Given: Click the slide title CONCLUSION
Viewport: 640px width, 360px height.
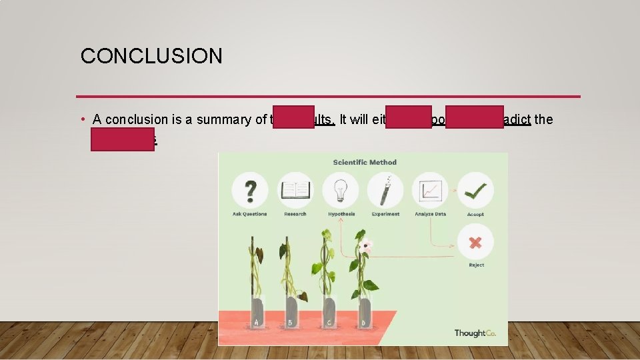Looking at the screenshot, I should (151, 56).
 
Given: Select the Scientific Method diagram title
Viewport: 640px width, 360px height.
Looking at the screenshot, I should (365, 162).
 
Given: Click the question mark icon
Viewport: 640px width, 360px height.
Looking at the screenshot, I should (250, 190).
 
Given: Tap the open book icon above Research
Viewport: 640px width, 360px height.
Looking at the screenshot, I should (295, 190).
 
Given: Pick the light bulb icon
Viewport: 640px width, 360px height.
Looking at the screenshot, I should (341, 190).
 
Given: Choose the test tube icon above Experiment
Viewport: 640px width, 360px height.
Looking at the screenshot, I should (385, 190).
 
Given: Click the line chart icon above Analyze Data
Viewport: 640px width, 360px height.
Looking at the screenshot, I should (430, 190).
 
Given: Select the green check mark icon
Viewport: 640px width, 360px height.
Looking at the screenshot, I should (475, 190).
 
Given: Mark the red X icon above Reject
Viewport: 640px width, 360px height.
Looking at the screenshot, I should (475, 242).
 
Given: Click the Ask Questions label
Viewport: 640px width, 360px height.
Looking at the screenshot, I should (250, 214).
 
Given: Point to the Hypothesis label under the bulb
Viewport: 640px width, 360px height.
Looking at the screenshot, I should (341, 214).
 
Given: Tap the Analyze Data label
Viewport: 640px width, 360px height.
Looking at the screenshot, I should (430, 214).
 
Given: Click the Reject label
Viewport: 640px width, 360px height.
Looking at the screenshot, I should (476, 265).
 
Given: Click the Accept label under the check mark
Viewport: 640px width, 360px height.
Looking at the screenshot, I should (475, 214).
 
